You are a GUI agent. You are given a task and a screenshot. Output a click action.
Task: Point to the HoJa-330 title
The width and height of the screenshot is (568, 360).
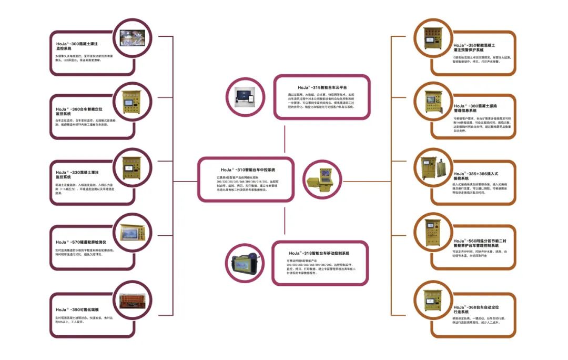point(78,175)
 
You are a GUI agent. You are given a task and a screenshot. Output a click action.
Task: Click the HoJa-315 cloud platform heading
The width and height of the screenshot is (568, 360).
point(322,87)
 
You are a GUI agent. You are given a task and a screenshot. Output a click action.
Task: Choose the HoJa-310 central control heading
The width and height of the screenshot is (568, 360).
point(248,170)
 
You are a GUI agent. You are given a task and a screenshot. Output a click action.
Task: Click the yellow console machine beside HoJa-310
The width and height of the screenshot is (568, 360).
point(323,179)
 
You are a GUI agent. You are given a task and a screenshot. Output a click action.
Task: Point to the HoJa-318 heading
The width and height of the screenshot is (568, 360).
point(322,253)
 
